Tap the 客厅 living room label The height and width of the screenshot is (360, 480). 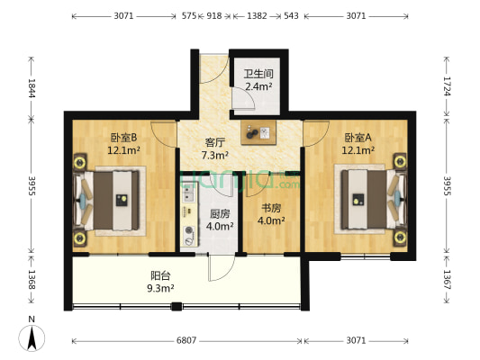pyautogui.click(x=214, y=142)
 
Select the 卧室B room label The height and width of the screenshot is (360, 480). pyautogui.click(x=122, y=138)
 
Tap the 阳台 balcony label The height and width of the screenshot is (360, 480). pyautogui.click(x=161, y=276)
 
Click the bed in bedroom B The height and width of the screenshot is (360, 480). pyautogui.click(x=112, y=201)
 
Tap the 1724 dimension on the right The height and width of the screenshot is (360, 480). pyautogui.click(x=447, y=86)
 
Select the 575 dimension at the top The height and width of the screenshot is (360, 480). pyautogui.click(x=189, y=16)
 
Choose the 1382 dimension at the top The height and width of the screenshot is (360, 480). pyautogui.click(x=256, y=16)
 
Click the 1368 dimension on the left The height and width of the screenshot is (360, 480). pyautogui.click(x=32, y=278)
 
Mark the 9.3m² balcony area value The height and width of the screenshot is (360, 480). pyautogui.click(x=161, y=288)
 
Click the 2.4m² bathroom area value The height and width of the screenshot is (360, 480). pyautogui.click(x=258, y=86)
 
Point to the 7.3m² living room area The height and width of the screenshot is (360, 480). pyautogui.click(x=214, y=155)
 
